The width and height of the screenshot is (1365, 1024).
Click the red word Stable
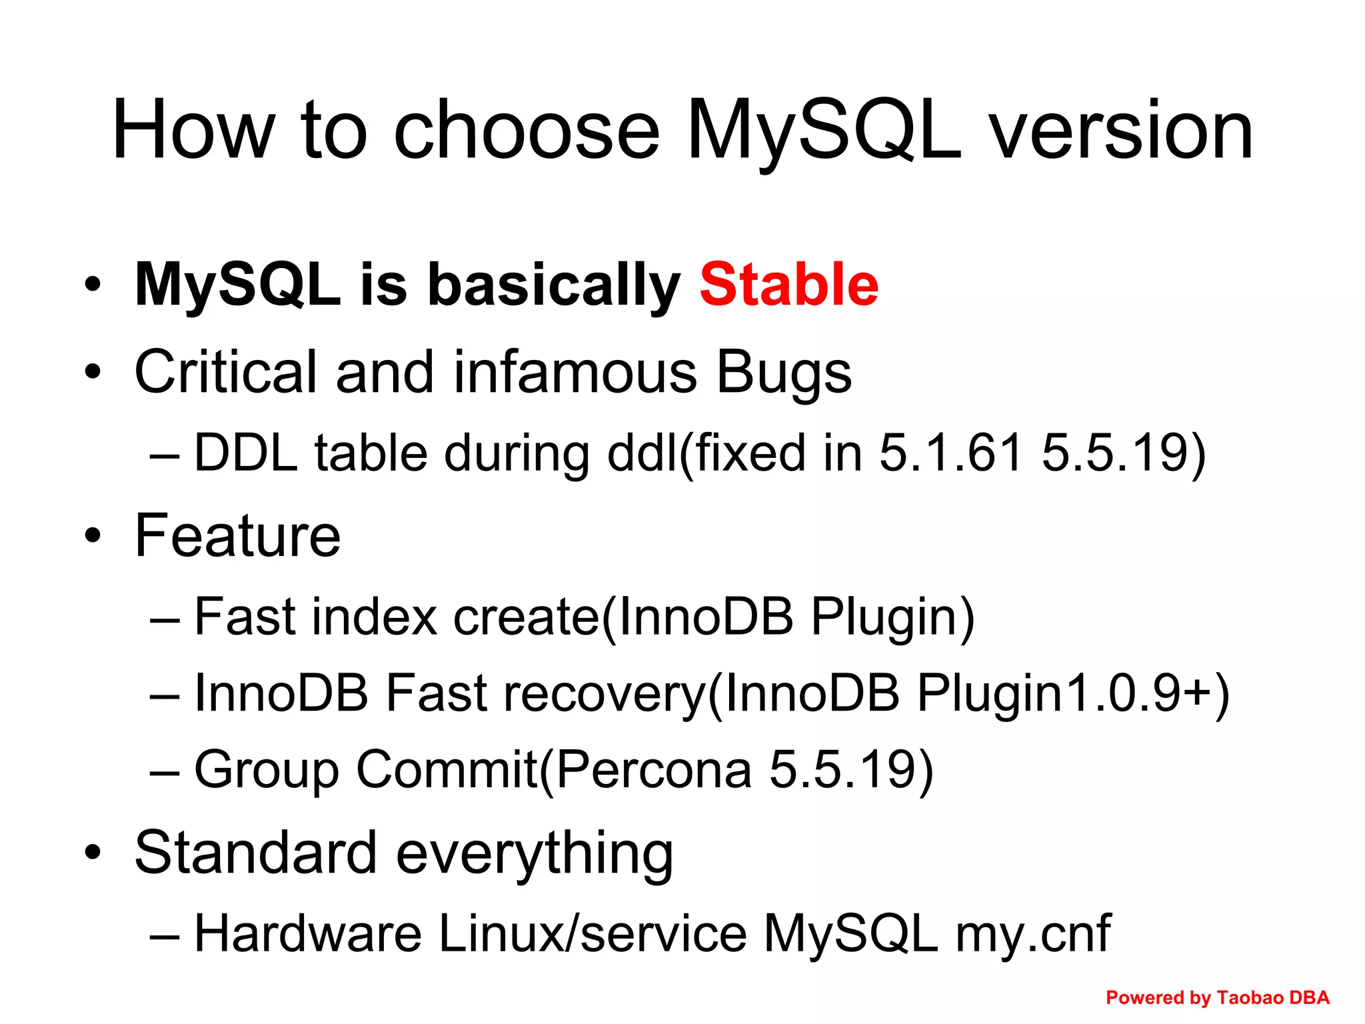[x=788, y=285]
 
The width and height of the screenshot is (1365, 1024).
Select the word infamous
[x=575, y=372]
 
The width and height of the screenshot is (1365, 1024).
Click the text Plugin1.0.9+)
[x=1073, y=693]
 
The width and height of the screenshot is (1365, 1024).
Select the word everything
[x=535, y=853]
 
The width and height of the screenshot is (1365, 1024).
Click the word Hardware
[x=307, y=933]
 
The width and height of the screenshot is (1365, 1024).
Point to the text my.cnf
[x=1033, y=933]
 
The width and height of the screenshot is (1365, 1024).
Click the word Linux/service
[x=593, y=933]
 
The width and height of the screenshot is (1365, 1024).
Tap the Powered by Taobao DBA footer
[x=1217, y=997]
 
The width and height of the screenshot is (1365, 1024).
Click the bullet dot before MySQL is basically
[x=93, y=285]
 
